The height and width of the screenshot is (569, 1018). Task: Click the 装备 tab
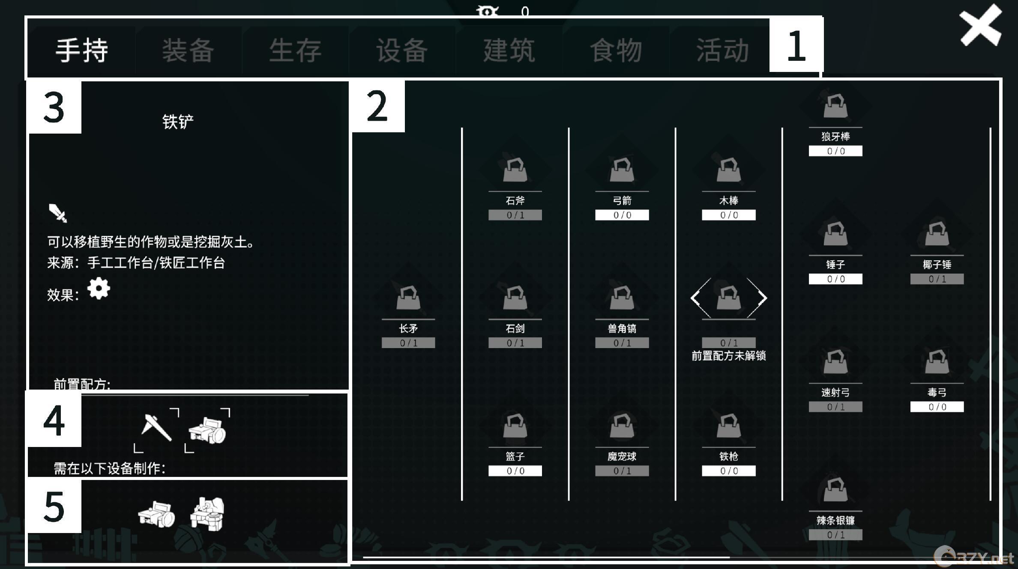(188, 50)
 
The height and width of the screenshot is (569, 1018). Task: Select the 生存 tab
(295, 50)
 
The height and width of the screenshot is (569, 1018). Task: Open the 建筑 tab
(509, 50)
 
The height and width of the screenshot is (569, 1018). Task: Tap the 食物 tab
(616, 50)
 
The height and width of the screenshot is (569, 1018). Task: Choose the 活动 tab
(723, 50)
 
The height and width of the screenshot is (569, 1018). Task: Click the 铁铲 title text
(178, 122)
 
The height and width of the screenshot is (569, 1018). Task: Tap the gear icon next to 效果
(99, 288)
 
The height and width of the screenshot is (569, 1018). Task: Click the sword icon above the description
(58, 213)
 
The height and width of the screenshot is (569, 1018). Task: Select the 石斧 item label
(515, 200)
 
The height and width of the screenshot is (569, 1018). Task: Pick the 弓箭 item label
(622, 200)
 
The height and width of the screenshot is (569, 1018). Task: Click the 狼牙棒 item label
(835, 137)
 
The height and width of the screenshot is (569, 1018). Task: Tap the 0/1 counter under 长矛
(408, 343)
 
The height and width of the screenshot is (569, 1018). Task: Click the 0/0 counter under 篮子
(515, 471)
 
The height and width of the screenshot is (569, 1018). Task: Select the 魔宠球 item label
(622, 457)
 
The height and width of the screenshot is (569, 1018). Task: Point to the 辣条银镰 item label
(835, 521)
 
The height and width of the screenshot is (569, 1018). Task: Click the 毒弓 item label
(937, 393)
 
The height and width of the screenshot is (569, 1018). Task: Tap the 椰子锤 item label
(937, 265)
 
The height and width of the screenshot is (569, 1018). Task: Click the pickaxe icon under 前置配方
(156, 428)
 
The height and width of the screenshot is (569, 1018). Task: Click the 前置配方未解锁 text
(729, 356)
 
